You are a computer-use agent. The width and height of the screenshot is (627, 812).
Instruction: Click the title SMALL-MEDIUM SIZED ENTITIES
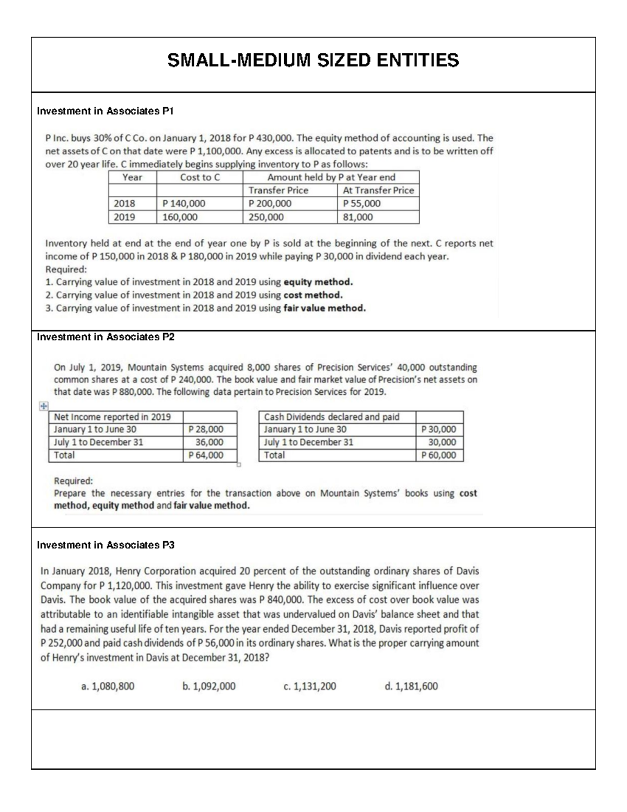pyautogui.click(x=313, y=61)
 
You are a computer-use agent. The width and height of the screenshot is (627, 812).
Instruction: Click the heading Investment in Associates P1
pyautogui.click(x=104, y=111)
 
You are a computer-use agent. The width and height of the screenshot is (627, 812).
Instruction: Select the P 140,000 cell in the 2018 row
pyautogui.click(x=184, y=203)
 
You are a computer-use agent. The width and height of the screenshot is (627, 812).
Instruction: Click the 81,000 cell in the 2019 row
pyautogui.click(x=358, y=217)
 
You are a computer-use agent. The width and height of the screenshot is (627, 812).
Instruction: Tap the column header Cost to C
pyautogui.click(x=200, y=177)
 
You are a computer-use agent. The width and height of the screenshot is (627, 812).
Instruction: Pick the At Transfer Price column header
pyautogui.click(x=378, y=190)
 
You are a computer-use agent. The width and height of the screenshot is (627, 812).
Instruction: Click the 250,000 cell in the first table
pyautogui.click(x=266, y=217)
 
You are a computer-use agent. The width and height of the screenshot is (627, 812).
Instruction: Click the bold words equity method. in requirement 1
pyautogui.click(x=318, y=282)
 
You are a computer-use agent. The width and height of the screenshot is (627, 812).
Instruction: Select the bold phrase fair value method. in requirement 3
pyautogui.click(x=324, y=308)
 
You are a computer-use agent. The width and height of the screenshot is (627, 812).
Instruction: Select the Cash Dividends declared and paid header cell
pyautogui.click(x=332, y=417)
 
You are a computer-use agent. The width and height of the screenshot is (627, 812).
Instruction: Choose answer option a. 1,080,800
pyautogui.click(x=108, y=686)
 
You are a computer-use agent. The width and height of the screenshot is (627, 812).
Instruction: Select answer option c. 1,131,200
pyautogui.click(x=309, y=686)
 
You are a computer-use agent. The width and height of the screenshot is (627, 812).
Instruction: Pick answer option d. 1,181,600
pyautogui.click(x=411, y=686)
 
